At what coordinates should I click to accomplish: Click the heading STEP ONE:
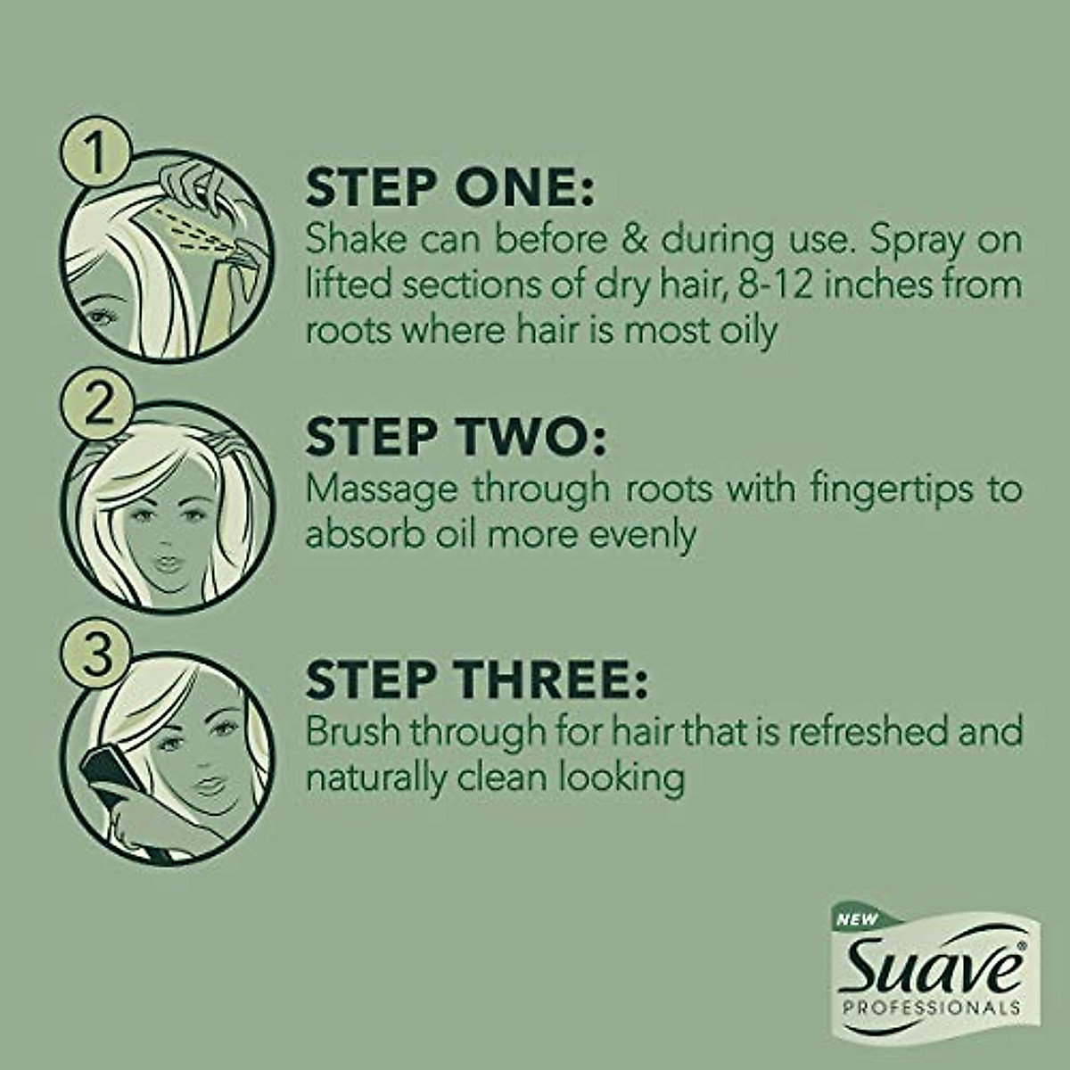pos(449,187)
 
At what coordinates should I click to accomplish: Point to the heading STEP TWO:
pos(455,437)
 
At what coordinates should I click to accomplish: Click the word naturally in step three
pos(374,778)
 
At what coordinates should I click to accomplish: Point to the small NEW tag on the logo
pos(857,919)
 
